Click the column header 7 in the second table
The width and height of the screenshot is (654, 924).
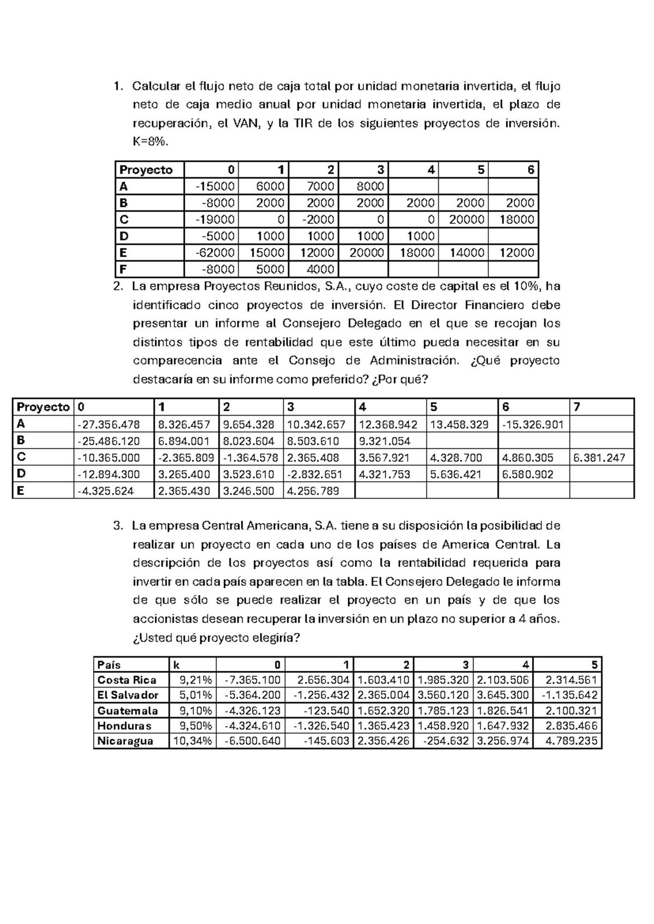coord(577,407)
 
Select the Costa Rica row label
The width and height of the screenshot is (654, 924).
coord(126,680)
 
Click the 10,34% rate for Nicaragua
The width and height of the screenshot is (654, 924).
coord(192,741)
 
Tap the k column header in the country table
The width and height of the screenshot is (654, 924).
coord(176,665)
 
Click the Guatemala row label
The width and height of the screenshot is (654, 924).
coord(127,710)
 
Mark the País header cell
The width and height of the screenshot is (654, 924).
coord(109,665)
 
